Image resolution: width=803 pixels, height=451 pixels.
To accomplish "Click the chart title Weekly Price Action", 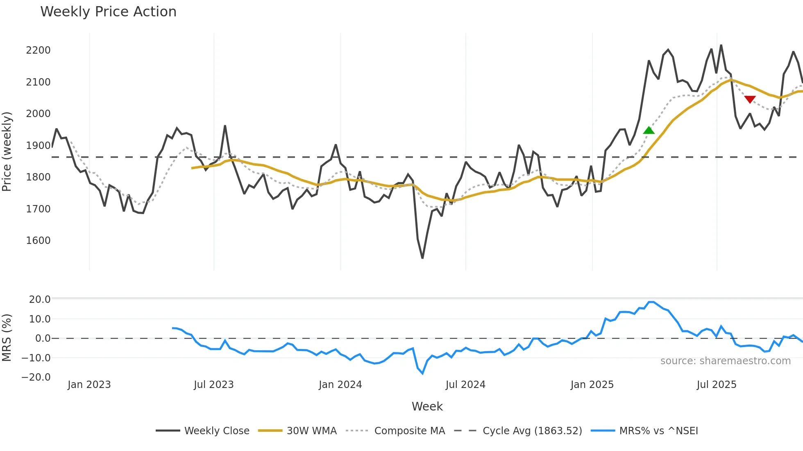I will (108, 12).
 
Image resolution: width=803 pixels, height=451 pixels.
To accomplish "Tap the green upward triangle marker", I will (649, 131).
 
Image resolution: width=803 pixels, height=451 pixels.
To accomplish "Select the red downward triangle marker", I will (750, 99).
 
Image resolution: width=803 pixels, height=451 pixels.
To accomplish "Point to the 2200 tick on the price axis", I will (38, 50).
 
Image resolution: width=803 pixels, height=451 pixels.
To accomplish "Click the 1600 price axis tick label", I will (38, 241).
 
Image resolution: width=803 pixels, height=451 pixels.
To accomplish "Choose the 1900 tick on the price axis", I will (38, 146).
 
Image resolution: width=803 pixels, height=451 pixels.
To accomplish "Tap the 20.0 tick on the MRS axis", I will (40, 300).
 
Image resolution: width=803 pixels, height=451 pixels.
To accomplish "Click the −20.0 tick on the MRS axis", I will (36, 377).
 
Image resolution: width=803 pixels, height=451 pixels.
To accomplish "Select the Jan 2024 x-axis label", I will (340, 385).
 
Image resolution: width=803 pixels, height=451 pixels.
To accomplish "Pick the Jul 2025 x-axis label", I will (717, 385).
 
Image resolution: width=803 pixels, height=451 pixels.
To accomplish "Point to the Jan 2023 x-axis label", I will (89, 385).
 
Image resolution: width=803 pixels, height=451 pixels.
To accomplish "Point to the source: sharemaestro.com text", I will (725, 361).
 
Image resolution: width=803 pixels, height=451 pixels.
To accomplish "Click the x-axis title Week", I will (427, 406).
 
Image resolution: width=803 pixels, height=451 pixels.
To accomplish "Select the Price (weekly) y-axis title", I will (7, 151).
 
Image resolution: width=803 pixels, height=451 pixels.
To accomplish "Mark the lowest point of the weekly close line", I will (422, 258).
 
